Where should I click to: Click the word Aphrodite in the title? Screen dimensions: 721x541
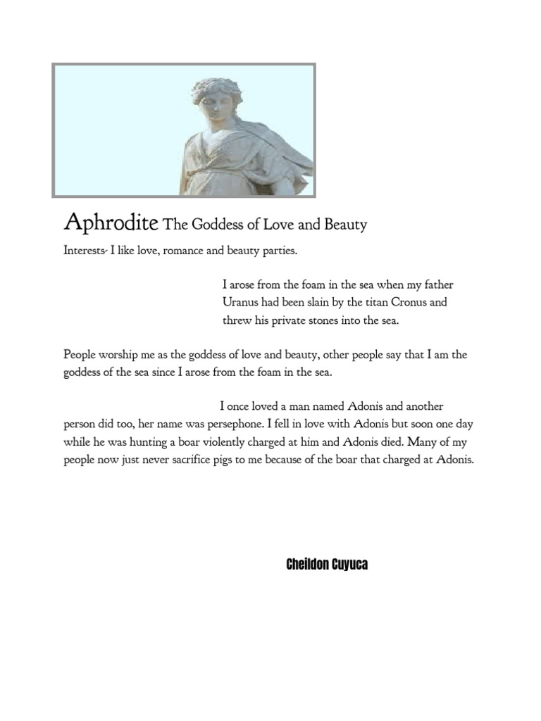[111, 223]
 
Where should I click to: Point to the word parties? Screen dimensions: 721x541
[289, 251]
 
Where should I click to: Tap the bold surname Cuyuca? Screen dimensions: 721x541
[351, 565]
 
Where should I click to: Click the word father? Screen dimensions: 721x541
[436, 284]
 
